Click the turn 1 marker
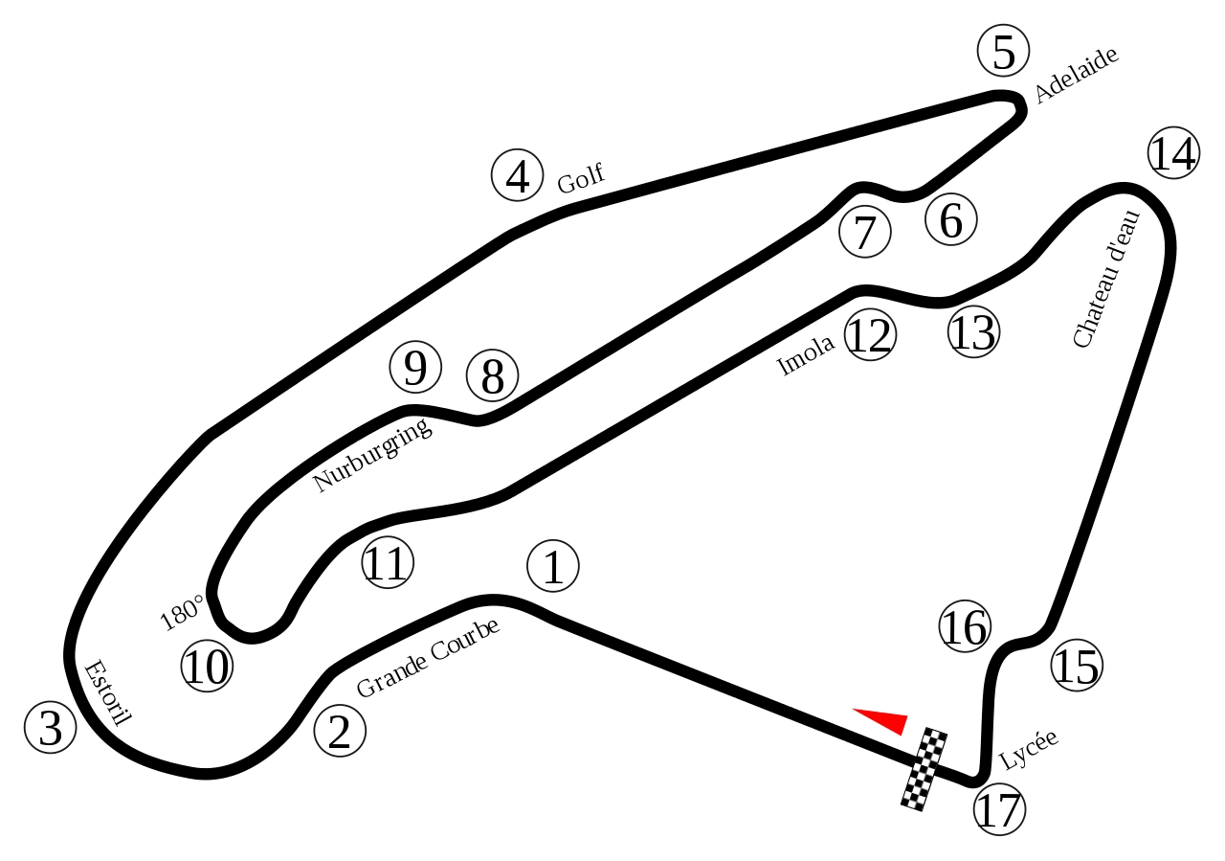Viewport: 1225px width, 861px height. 553,566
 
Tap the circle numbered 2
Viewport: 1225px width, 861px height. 340,731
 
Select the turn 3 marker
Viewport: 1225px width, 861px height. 50,727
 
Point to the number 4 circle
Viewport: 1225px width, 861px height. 517,175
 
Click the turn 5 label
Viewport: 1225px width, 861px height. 1003,51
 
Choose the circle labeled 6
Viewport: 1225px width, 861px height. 950,219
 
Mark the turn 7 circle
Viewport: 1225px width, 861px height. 864,232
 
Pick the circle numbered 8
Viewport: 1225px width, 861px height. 492,375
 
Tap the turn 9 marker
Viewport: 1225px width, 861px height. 415,367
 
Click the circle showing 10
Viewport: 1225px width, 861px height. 207,666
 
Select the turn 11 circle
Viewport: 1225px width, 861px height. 388,562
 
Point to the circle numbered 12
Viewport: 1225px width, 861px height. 870,335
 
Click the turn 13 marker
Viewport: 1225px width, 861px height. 973,332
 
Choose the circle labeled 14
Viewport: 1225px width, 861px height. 1173,152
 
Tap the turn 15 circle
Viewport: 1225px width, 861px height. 1076,665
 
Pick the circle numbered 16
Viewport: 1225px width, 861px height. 964,626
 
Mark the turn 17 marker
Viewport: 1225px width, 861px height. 999,809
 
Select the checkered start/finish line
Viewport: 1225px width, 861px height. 924,769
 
